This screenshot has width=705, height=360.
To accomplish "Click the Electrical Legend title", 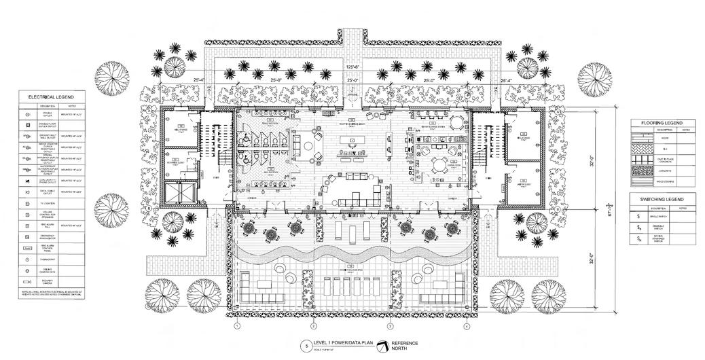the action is [x=48, y=97].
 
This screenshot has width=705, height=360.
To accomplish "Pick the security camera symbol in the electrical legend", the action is [x=26, y=281].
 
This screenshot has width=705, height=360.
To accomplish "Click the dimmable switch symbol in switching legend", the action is [x=638, y=227].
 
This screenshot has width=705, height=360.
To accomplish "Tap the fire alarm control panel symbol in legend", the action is [x=26, y=248].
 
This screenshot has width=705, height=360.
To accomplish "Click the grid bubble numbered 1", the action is [x=237, y=327].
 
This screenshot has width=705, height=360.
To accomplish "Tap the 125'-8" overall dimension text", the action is [x=351, y=67].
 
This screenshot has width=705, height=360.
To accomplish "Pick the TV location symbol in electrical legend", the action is [x=26, y=203].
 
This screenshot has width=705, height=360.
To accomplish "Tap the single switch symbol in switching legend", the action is [x=638, y=215].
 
